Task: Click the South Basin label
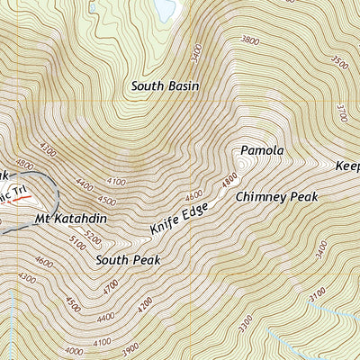point(165,86)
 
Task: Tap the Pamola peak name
point(262,149)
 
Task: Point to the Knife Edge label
point(180,220)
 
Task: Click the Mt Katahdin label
point(65,218)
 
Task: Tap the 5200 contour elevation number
point(93,234)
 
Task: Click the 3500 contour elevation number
point(339,62)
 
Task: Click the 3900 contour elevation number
point(130,347)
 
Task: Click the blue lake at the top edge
point(165,8)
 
